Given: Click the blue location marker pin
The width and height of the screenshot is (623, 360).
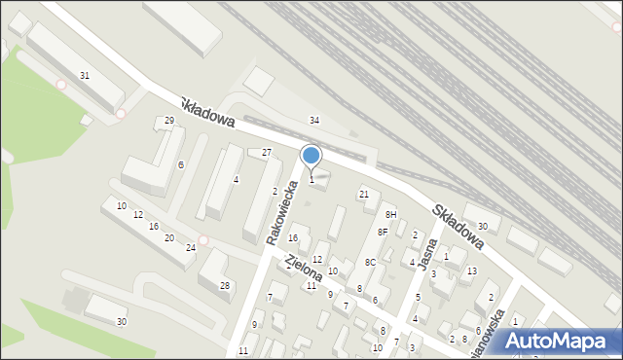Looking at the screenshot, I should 311,157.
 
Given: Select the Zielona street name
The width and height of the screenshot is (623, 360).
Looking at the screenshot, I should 304,269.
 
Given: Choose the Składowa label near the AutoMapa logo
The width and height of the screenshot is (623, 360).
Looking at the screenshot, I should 459,226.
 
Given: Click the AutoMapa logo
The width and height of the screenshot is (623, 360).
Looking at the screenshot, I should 559,341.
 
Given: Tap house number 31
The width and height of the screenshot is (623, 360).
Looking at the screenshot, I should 85,75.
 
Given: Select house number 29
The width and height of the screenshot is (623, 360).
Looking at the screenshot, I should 169,120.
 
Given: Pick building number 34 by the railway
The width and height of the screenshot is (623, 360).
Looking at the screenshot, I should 313,120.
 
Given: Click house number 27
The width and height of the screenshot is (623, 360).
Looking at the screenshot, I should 266,153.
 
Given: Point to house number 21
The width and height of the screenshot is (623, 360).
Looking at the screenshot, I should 364,195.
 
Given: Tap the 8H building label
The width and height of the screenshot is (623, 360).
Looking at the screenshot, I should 390,214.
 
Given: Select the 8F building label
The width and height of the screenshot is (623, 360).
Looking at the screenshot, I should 383,233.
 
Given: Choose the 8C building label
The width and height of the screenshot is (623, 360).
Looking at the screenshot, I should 370,263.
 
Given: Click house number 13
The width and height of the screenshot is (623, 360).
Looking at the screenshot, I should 471,270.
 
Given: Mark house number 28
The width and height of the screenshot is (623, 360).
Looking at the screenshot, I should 225,285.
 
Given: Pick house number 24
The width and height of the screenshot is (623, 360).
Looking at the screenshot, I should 191,248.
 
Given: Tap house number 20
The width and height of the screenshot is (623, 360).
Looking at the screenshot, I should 168,237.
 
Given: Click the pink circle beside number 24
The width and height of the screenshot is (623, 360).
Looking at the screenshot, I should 202,240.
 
